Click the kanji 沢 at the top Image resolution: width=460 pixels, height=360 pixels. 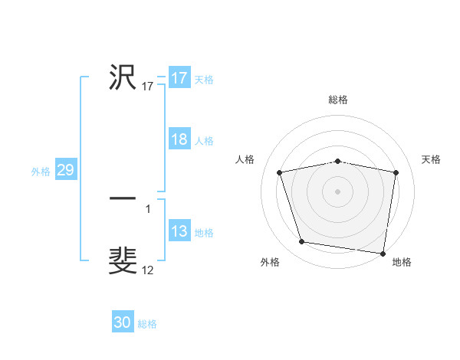[123, 77]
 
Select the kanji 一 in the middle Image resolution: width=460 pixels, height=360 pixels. [123, 199]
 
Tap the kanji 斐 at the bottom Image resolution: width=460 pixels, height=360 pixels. [123, 260]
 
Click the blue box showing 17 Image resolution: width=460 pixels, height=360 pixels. [179, 78]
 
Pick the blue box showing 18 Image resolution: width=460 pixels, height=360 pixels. [179, 139]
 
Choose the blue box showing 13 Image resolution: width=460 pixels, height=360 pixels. [179, 232]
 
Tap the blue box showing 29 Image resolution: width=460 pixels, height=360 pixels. [65, 171]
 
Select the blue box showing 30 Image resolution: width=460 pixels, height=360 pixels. [123, 323]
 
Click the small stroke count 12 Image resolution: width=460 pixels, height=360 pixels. [148, 270]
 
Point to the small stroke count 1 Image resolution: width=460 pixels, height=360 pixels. [148, 208]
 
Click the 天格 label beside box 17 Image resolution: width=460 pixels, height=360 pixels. [203, 80]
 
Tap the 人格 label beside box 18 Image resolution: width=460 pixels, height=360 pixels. [203, 141]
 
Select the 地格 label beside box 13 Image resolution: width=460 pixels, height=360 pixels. [203, 233]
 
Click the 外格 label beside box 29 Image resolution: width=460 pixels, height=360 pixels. [41, 172]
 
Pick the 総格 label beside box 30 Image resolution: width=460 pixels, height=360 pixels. [147, 324]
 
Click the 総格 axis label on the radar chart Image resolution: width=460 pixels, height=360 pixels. [338, 100]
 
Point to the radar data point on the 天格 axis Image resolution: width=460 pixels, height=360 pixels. [396, 172]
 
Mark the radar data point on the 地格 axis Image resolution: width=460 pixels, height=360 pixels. [383, 253]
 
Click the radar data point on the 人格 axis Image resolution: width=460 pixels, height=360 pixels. [280, 172]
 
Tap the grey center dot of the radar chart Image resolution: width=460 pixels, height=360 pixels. [338, 191]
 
